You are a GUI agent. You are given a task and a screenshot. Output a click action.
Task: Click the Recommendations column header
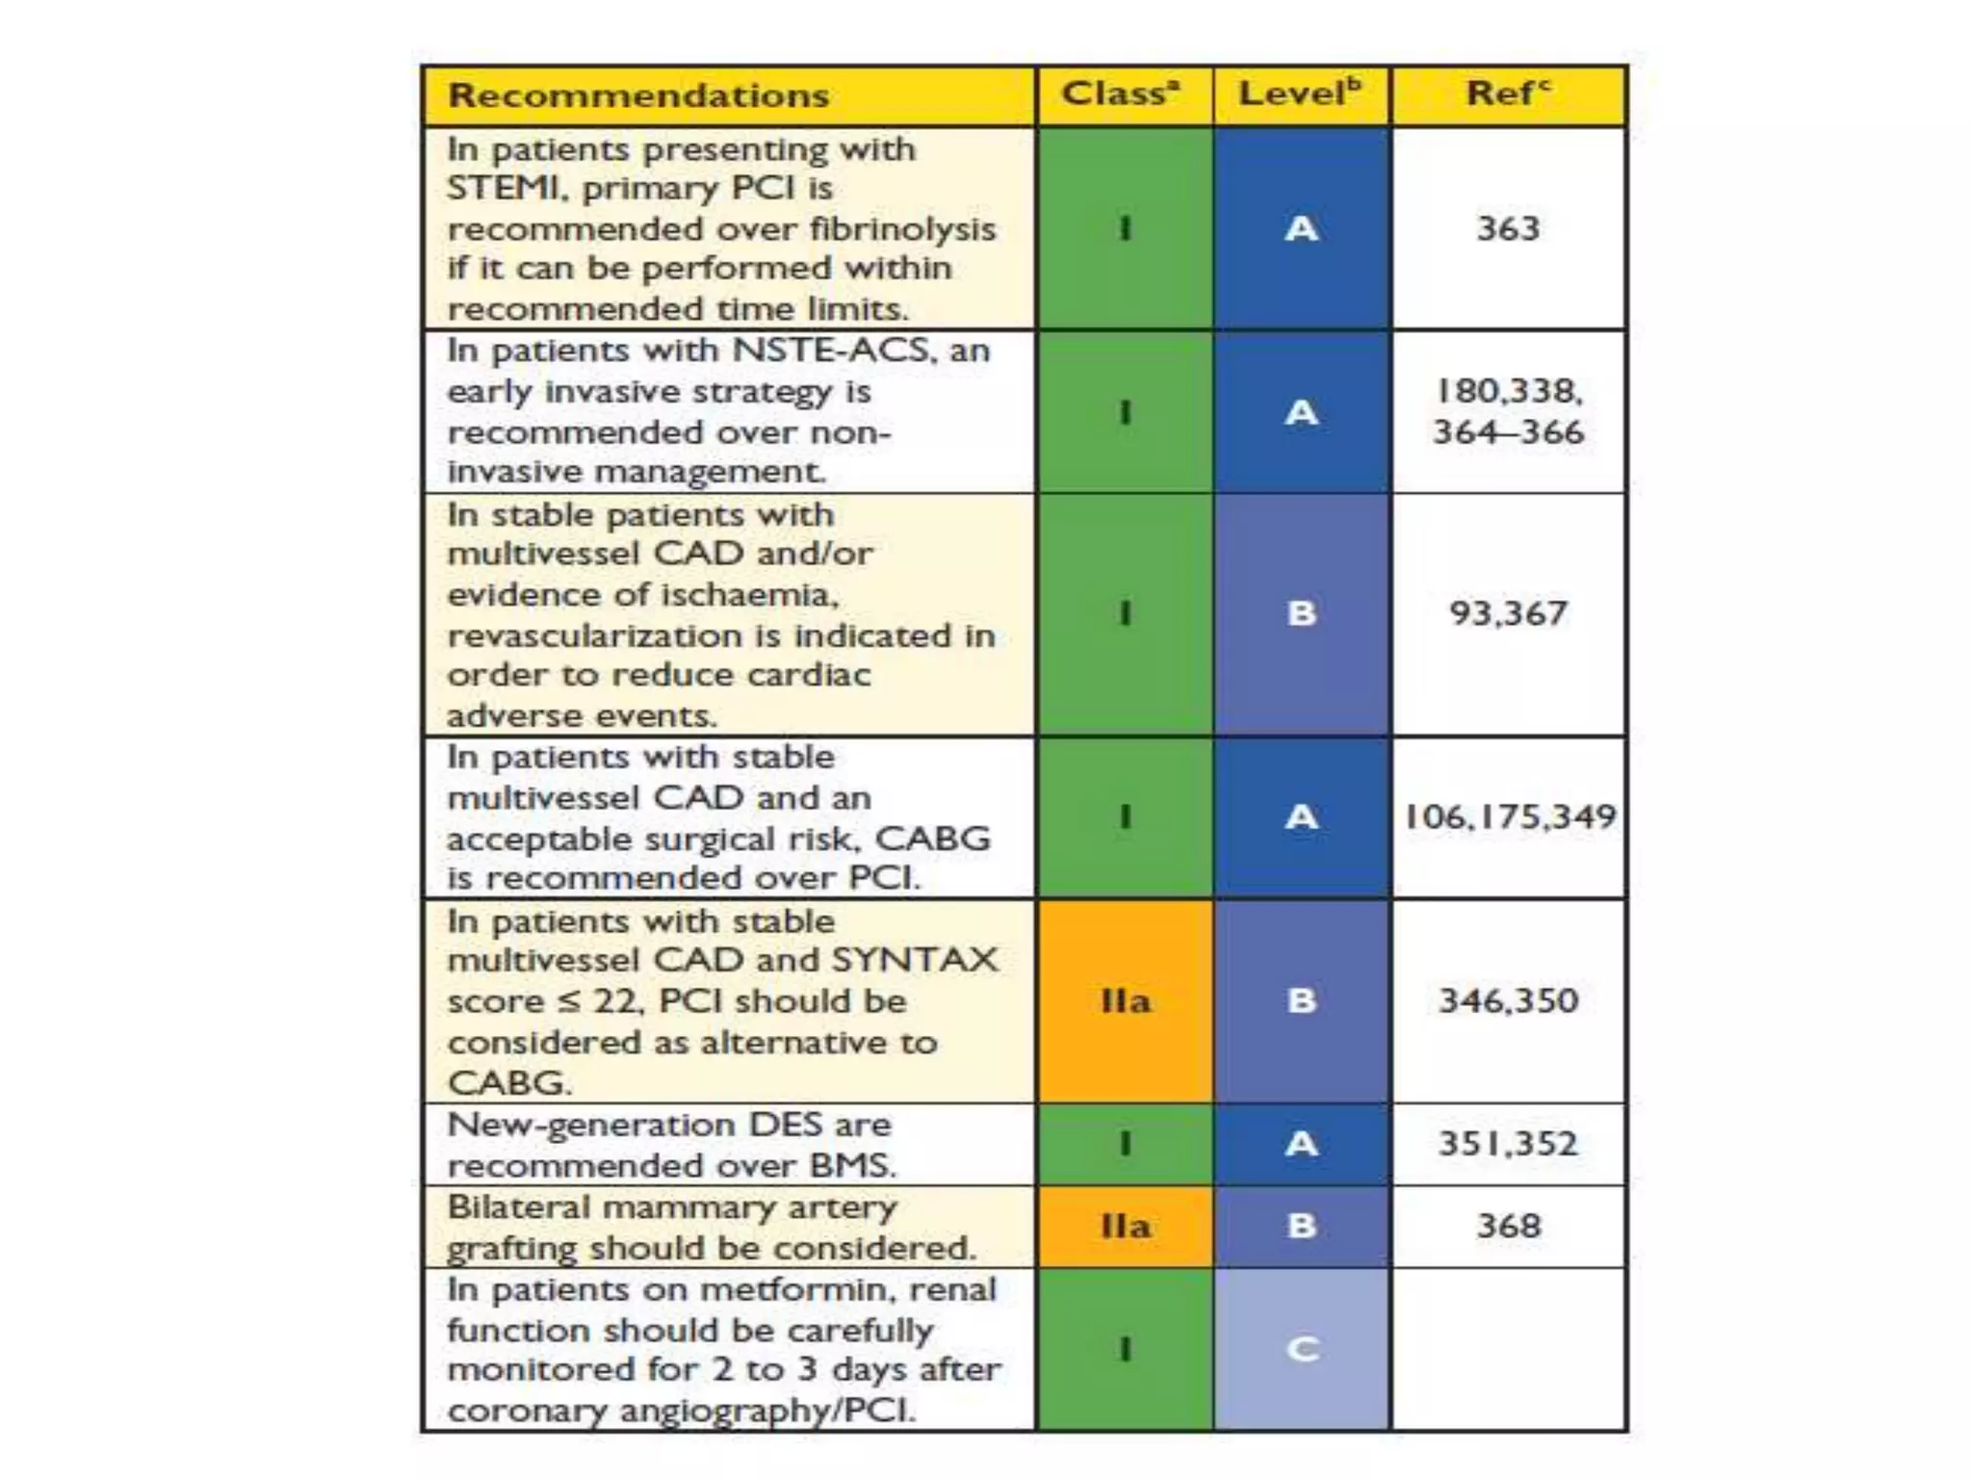point(638,96)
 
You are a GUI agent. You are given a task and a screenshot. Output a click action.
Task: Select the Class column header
point(1121,94)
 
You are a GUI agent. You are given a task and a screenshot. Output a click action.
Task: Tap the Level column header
point(1300,94)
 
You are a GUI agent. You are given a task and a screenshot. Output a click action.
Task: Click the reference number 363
point(1508,229)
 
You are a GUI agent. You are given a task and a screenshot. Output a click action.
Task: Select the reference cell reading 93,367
point(1508,613)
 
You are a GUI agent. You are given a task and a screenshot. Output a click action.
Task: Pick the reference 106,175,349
point(1509,817)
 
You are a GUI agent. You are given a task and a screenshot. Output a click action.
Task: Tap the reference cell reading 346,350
point(1508,1001)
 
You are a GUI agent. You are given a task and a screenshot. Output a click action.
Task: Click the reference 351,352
point(1508,1144)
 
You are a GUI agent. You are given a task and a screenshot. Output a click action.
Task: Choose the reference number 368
point(1508,1227)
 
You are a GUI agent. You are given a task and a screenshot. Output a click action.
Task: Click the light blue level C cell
point(1302,1349)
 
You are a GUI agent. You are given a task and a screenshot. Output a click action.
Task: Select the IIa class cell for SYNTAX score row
point(1125,1001)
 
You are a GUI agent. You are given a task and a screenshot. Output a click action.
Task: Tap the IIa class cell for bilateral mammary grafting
point(1125,1227)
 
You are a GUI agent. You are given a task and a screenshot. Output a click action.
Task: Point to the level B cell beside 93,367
point(1302,613)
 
